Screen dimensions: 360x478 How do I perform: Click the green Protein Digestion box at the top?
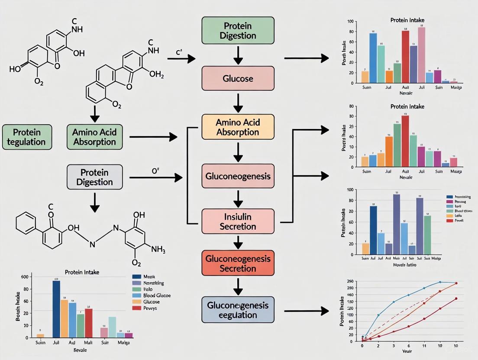(238, 30)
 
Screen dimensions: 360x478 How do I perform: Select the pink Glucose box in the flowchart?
(238, 78)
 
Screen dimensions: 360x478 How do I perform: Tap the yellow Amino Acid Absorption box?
(238, 127)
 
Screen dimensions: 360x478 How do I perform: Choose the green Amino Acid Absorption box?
(94, 136)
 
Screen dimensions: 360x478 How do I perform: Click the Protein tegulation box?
(27, 136)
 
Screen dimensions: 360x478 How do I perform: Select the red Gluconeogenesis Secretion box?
(238, 263)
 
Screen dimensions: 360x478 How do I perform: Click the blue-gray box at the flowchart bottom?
(238, 310)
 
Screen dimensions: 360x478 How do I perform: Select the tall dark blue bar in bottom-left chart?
(56, 309)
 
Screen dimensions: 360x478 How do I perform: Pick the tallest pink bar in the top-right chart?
(421, 55)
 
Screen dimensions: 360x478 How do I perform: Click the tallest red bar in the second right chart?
(405, 141)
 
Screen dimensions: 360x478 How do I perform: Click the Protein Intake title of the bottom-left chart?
(82, 272)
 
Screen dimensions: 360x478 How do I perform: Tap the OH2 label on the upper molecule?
(156, 74)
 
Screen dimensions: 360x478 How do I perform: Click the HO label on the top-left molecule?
(14, 69)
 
